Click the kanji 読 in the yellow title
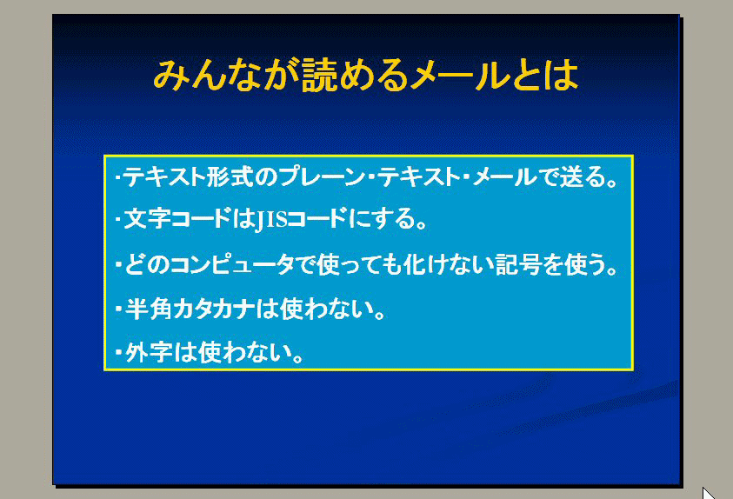point(319,75)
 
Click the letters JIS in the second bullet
point(271,220)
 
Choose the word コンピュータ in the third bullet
point(232,264)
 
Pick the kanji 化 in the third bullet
point(415,264)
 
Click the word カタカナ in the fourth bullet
point(214,309)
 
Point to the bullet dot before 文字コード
point(117,218)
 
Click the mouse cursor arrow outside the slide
point(709,493)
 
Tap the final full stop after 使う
point(612,271)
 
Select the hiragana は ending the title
point(563,75)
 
